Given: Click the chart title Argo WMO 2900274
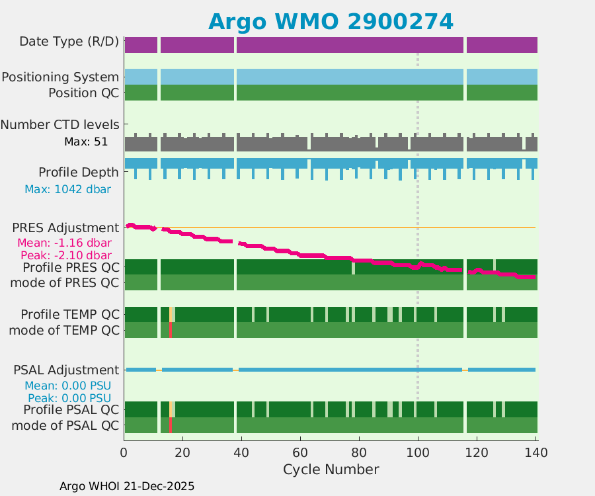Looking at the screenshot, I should tap(331, 21).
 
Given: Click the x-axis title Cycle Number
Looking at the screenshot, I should tap(331, 470).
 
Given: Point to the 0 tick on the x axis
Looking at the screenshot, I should tap(124, 452).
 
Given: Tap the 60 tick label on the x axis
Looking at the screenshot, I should tap(300, 452).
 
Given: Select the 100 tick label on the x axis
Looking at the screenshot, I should tap(418, 452).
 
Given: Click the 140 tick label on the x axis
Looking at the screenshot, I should tap(535, 452).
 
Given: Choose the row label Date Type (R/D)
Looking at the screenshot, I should tap(69, 42).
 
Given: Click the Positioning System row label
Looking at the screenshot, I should tap(60, 77).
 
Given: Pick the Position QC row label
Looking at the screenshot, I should tap(83, 93).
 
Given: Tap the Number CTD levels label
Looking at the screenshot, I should tap(60, 124).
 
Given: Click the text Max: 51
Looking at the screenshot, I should tap(86, 142).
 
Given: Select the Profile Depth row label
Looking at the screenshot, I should tap(79, 172).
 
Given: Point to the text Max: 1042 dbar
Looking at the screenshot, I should tap(67, 189).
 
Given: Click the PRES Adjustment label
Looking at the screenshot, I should tap(65, 227).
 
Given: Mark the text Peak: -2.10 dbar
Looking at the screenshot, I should tap(65, 255).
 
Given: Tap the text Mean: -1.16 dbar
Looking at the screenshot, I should tap(64, 243).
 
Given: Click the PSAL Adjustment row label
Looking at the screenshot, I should tap(66, 370).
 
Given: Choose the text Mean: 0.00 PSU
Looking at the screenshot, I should tap(68, 386).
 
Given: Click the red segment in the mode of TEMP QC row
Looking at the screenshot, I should tap(170, 330).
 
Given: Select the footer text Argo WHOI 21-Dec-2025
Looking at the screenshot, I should tap(127, 486).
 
